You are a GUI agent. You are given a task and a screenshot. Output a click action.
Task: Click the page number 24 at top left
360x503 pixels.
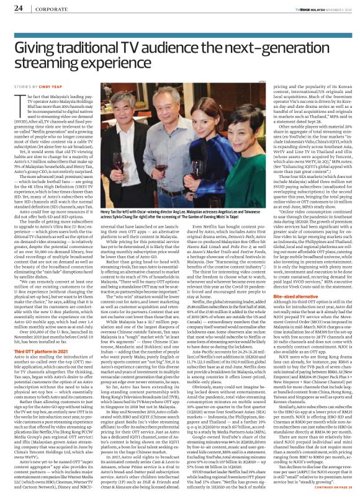(19, 7)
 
